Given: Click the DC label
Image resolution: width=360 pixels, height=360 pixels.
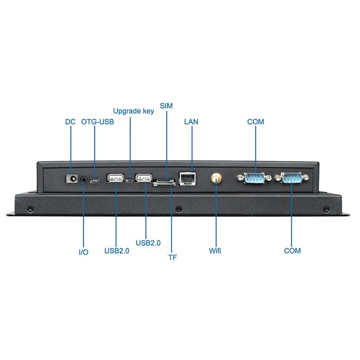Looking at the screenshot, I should point(70,122).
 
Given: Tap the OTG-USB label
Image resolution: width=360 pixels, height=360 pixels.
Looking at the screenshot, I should point(98,122).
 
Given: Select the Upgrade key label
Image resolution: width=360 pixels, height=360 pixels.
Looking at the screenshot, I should point(134,111).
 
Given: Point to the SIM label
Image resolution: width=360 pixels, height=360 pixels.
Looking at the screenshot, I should point(166,106).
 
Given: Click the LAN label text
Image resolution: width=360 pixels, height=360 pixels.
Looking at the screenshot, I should point(191,122).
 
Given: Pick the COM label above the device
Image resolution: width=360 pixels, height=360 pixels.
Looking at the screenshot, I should point(256,122).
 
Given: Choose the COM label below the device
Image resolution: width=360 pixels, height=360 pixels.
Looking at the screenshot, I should point(292,251).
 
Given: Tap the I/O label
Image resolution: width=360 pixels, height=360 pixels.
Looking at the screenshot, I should point(84,252).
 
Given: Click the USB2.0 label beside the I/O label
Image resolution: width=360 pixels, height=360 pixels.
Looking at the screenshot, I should point(117,251).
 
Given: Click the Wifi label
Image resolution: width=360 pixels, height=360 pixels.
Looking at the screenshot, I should point(215,251).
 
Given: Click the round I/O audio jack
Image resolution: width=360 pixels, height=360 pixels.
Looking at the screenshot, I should point(84,180).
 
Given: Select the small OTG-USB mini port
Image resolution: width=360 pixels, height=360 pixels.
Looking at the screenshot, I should point(95,181).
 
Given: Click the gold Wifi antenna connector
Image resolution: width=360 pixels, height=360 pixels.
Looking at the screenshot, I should point(216,178).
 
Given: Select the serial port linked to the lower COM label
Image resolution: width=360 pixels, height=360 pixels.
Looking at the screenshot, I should point(292,179).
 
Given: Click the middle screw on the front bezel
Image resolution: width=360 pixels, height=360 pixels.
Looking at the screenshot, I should point(179,209).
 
